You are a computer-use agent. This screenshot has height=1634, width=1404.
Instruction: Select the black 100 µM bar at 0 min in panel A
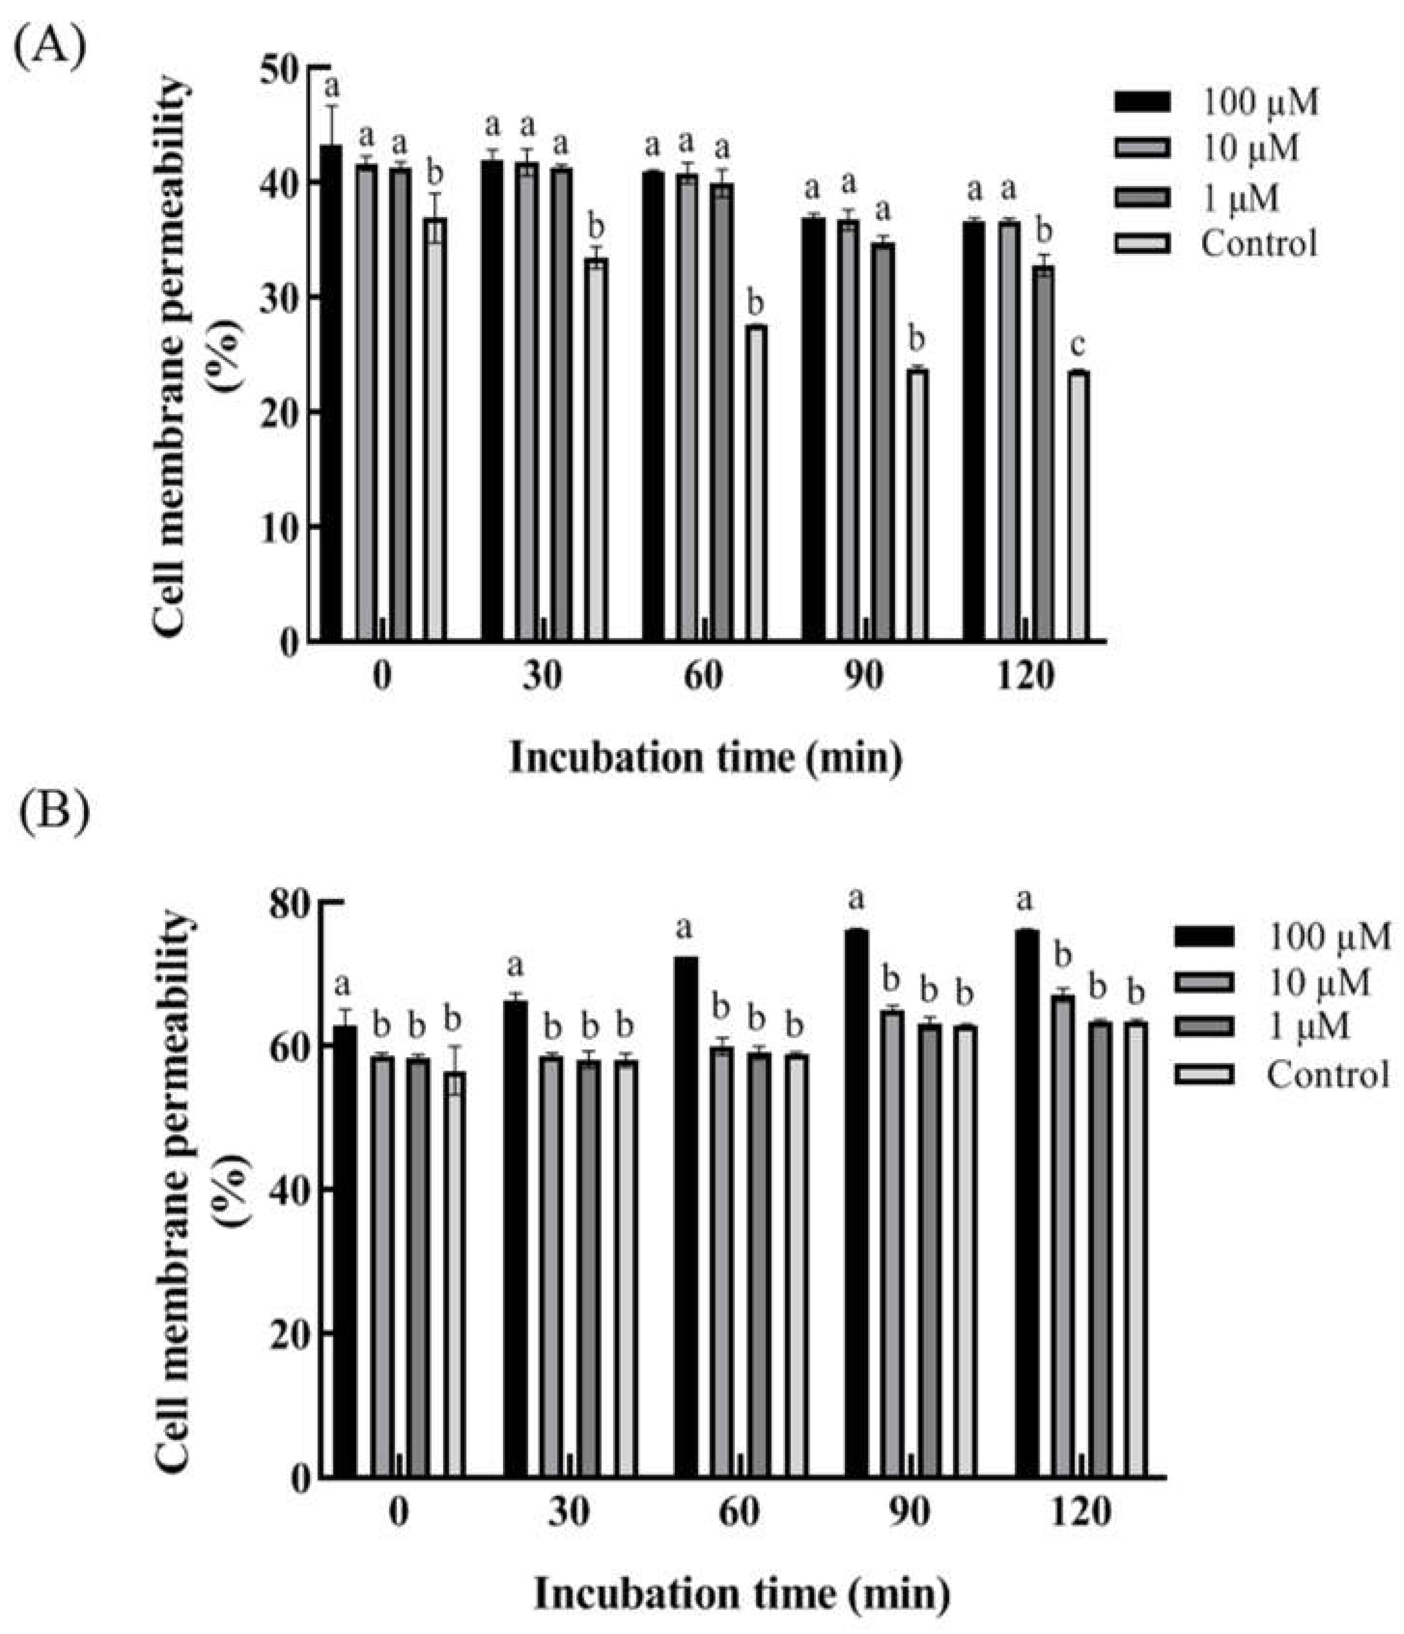tap(331, 394)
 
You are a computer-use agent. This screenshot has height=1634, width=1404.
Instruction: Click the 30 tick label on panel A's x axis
tap(542, 677)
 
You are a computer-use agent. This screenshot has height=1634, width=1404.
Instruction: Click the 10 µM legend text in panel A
tap(1250, 148)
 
